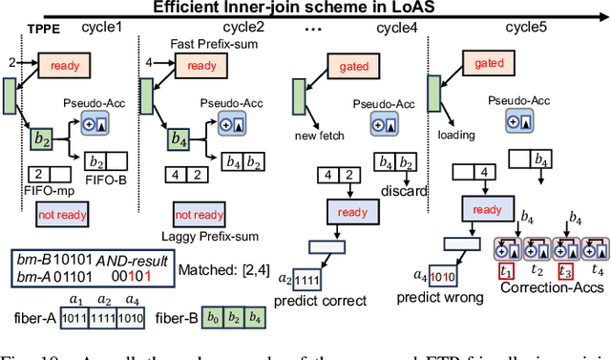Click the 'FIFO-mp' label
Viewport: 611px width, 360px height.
point(41,189)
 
